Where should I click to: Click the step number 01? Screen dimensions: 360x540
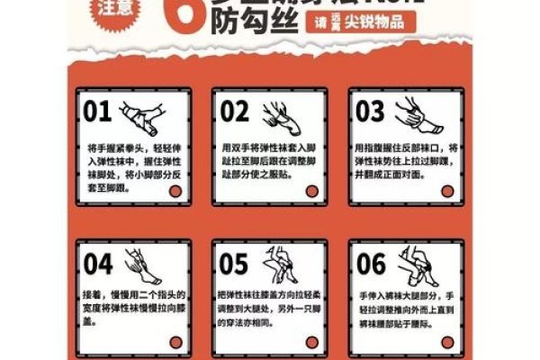[98, 111]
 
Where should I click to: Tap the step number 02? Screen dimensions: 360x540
[234, 111]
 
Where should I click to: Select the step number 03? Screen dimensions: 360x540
[370, 111]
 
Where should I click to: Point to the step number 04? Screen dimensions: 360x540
[98, 264]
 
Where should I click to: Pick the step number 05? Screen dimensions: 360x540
[234, 264]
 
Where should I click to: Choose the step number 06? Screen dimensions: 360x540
[370, 264]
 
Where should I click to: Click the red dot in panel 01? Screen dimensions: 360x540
[178, 191]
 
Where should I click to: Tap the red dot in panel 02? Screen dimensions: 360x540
[312, 191]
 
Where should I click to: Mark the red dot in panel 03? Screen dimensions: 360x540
[447, 191]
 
